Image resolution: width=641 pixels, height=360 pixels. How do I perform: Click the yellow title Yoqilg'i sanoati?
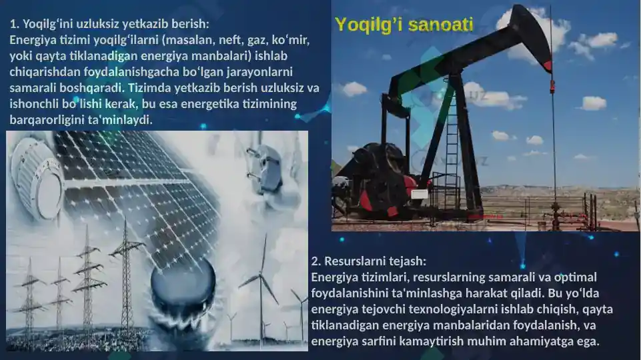pyautogui.click(x=404, y=25)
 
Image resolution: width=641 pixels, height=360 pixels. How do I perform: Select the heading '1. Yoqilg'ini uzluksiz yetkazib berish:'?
pyautogui.click(x=109, y=24)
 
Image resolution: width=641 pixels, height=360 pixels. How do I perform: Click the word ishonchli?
pyautogui.click(x=34, y=104)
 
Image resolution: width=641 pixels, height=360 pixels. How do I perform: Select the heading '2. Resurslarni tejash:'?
pyautogui.click(x=369, y=261)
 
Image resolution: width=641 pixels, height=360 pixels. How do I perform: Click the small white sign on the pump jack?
pyautogui.click(x=420, y=193)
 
